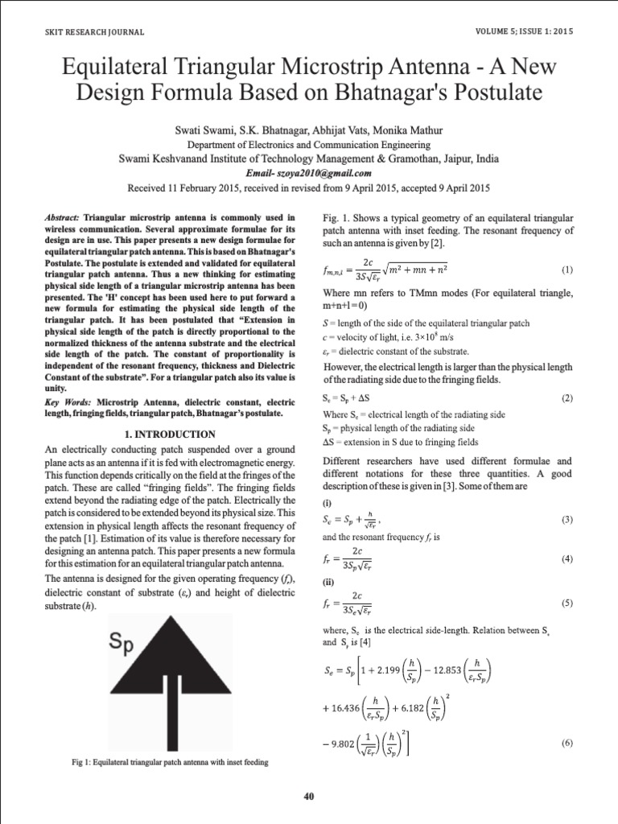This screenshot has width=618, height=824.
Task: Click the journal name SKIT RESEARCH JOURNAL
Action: click(x=94, y=32)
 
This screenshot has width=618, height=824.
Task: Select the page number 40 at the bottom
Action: click(x=309, y=797)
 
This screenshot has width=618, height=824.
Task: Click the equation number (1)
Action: click(x=566, y=270)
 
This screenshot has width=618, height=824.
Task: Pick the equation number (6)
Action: click(x=566, y=744)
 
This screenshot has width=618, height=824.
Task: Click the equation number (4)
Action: click(x=566, y=558)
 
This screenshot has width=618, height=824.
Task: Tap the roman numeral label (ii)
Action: click(x=328, y=579)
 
